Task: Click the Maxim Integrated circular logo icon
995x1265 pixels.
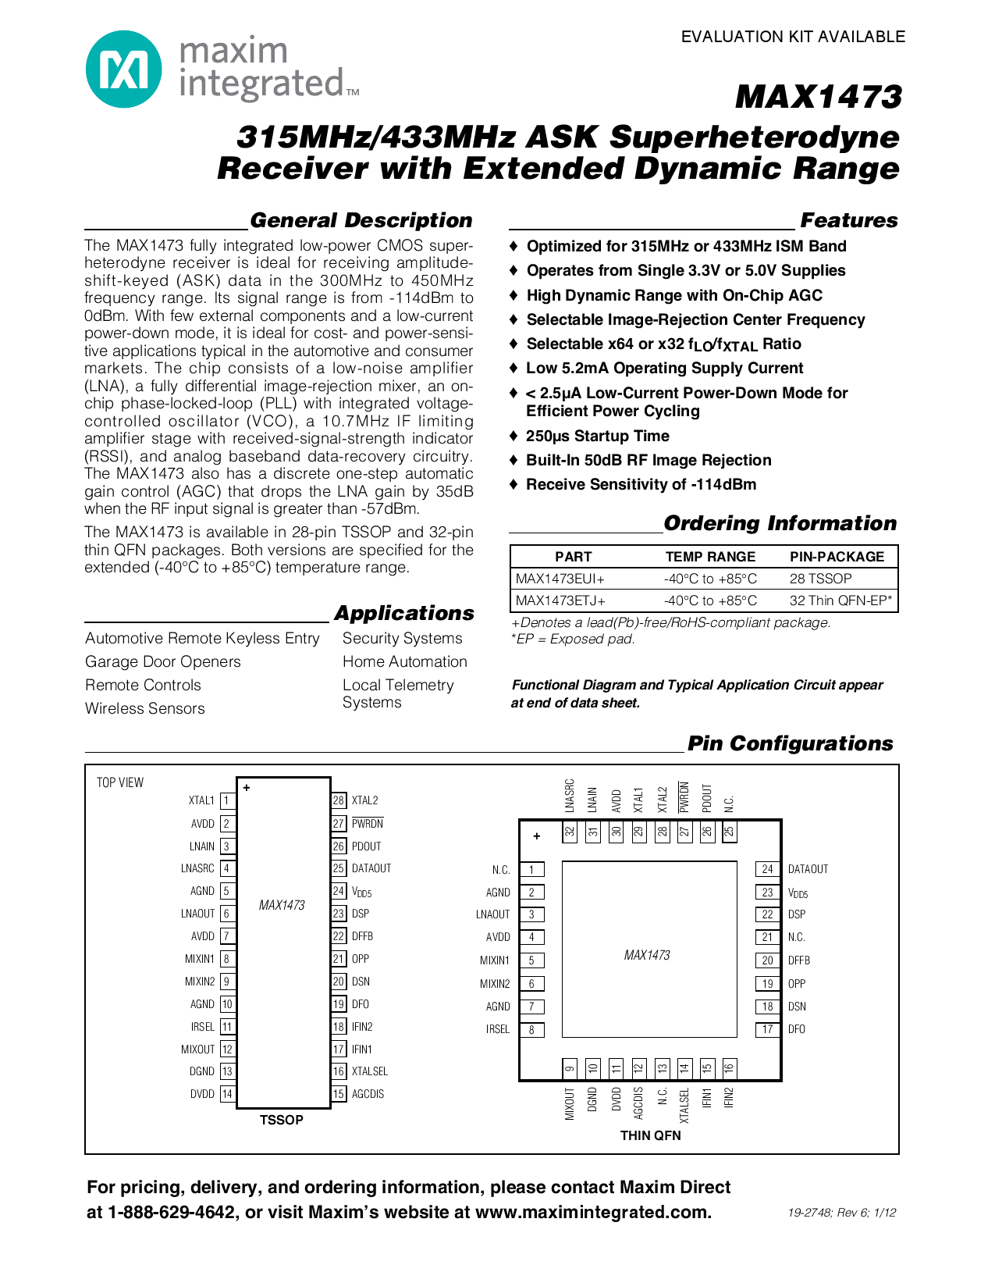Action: tap(124, 69)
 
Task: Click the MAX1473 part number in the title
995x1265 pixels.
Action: tap(818, 98)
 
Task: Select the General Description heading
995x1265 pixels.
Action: tap(361, 221)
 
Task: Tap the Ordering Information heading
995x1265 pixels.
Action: tap(780, 524)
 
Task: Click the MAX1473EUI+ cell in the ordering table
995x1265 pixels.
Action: tap(560, 579)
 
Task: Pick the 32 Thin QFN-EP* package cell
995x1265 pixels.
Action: tap(841, 600)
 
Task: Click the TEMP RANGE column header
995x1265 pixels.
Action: tap(710, 557)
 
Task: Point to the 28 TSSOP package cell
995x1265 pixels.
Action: tap(821, 579)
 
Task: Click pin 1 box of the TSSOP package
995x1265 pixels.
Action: tap(226, 800)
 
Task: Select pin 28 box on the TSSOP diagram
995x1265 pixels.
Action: tap(339, 800)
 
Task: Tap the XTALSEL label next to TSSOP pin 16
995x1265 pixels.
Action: tap(370, 1071)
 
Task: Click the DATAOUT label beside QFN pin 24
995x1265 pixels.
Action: tap(808, 869)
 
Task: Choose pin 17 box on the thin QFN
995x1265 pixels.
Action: tap(767, 1029)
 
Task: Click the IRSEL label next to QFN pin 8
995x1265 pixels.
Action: tap(498, 1029)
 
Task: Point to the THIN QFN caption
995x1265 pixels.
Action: tap(650, 1135)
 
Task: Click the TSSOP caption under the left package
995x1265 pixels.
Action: tap(281, 1120)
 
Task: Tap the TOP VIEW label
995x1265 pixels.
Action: tap(120, 782)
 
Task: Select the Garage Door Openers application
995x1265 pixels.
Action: tap(163, 662)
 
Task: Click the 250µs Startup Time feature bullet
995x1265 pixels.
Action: tap(597, 437)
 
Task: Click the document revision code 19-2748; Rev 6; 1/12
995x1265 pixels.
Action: tap(842, 1213)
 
